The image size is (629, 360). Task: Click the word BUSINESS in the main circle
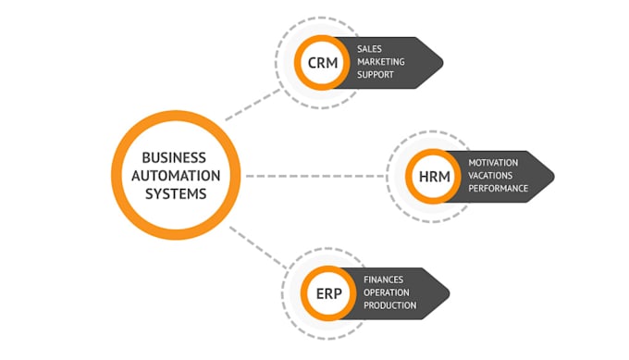pyautogui.click(x=175, y=157)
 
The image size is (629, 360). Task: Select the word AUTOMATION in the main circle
pyautogui.click(x=175, y=175)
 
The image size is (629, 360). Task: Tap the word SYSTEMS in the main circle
pyautogui.click(x=175, y=193)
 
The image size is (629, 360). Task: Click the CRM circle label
pyautogui.click(x=323, y=63)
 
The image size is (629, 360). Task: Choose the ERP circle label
pyautogui.click(x=329, y=293)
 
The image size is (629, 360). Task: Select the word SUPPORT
pyautogui.click(x=376, y=75)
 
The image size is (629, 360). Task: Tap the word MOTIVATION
pyautogui.click(x=494, y=163)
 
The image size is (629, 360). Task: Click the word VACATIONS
pyautogui.click(x=492, y=175)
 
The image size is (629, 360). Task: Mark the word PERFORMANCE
pyautogui.click(x=498, y=188)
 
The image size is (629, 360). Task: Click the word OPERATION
pyautogui.click(x=386, y=292)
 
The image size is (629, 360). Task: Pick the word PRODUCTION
pyautogui.click(x=389, y=305)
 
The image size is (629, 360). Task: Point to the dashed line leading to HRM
pyautogui.click(x=314, y=175)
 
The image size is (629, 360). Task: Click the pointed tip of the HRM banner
pyautogui.click(x=551, y=175)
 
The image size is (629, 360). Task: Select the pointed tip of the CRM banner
pyautogui.click(x=440, y=63)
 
